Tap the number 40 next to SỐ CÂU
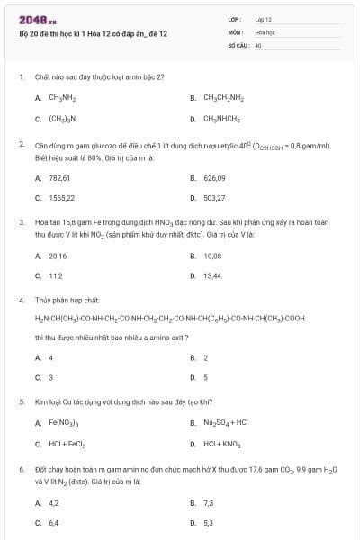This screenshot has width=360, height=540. (258, 44)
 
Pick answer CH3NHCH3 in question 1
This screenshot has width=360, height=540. (220, 118)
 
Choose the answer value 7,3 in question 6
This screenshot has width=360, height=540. (209, 502)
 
